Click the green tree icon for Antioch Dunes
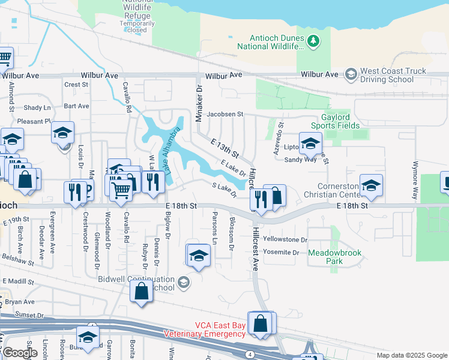(x=312, y=41)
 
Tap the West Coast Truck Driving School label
(x=393, y=75)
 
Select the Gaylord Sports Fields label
(x=335, y=121)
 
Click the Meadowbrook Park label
(x=334, y=257)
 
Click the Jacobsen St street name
(x=224, y=113)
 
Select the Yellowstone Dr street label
(x=285, y=239)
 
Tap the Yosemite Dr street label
(x=280, y=253)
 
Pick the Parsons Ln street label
(x=215, y=223)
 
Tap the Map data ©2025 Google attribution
(x=411, y=355)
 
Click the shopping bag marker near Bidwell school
(x=141, y=292)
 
